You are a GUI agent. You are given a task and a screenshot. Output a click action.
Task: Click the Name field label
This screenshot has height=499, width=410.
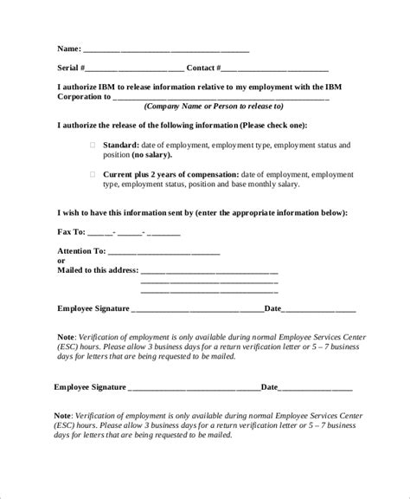click(x=69, y=49)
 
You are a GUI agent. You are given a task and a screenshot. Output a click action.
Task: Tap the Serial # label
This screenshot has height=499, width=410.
click(x=71, y=68)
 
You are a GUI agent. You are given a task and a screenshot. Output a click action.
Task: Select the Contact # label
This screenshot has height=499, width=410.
click(x=204, y=68)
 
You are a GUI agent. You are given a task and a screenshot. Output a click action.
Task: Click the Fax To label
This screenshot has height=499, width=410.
click(x=71, y=232)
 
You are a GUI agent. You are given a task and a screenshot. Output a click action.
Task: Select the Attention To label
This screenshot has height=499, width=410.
click(x=80, y=251)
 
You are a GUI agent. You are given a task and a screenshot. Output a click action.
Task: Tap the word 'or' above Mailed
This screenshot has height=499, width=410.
click(x=61, y=261)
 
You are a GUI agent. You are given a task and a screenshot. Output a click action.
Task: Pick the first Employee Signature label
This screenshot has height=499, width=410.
click(x=93, y=308)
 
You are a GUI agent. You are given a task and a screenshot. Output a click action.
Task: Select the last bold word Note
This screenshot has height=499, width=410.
click(x=63, y=415)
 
